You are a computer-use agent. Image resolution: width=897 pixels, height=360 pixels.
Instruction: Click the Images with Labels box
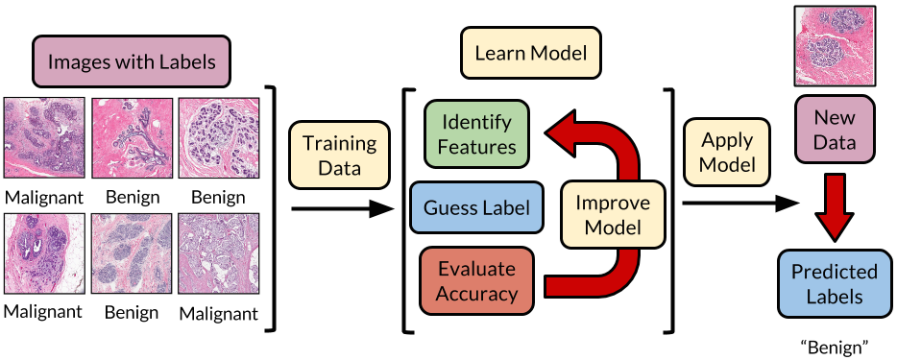[131, 60]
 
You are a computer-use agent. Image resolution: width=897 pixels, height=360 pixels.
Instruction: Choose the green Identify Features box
[476, 134]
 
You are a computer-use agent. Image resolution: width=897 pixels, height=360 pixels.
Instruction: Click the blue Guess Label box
[476, 206]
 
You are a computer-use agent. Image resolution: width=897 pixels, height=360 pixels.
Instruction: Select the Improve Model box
[612, 216]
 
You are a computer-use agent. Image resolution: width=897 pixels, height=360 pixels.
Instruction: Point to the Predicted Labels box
[834, 285]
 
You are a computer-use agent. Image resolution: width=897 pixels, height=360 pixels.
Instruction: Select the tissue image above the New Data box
[834, 44]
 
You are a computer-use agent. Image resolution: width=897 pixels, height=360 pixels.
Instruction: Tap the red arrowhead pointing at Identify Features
[563, 134]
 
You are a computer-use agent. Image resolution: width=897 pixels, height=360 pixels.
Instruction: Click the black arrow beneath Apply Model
[739, 204]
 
